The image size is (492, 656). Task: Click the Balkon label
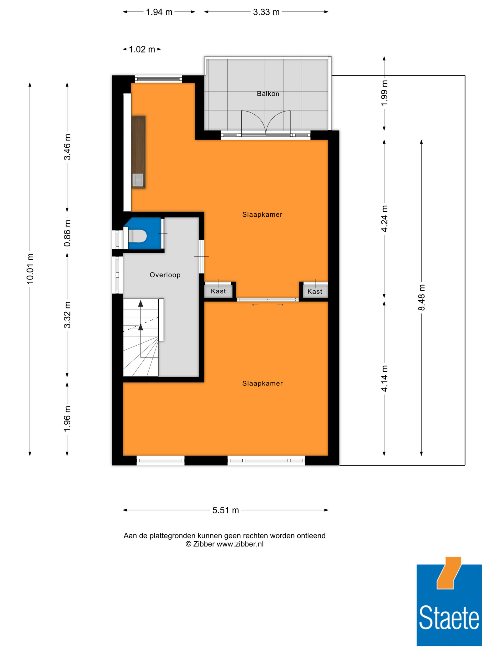(x=268, y=94)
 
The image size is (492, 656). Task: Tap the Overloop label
(x=165, y=275)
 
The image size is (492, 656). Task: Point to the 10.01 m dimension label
(x=30, y=269)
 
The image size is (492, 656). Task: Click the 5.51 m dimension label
(x=226, y=510)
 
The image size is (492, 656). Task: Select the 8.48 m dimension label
(x=421, y=297)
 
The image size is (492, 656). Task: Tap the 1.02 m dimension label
(x=142, y=49)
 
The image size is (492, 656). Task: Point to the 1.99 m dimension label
(x=384, y=93)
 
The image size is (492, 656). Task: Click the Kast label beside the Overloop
(x=218, y=291)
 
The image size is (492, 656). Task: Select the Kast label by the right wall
(x=315, y=291)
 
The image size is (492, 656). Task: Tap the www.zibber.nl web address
(x=240, y=544)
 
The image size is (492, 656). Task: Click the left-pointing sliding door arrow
(x=255, y=305)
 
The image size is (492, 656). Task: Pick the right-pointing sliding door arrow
(x=280, y=305)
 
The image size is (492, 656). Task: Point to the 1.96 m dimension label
(x=67, y=419)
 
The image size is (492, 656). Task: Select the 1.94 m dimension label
(x=159, y=12)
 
